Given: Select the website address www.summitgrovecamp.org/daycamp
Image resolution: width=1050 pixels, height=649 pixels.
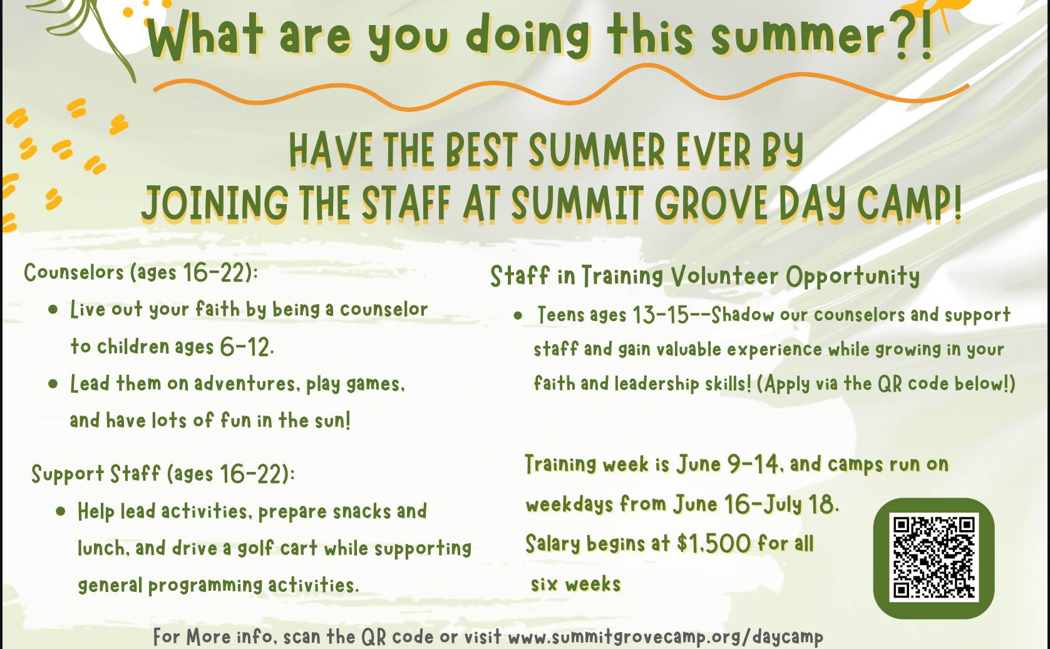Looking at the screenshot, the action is point(666,637).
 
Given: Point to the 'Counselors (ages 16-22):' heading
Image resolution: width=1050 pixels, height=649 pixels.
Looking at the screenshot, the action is point(141,273).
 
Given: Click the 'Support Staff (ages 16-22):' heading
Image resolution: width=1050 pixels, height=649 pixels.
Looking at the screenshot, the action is point(163,474).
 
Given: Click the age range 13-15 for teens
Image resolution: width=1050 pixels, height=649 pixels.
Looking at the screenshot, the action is point(661,314).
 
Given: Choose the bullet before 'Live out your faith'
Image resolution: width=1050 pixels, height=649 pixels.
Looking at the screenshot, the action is point(53,310).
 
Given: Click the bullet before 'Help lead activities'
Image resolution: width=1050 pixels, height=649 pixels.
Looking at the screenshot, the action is point(61,511).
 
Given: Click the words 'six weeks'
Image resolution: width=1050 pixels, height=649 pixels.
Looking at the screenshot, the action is point(575,585).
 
